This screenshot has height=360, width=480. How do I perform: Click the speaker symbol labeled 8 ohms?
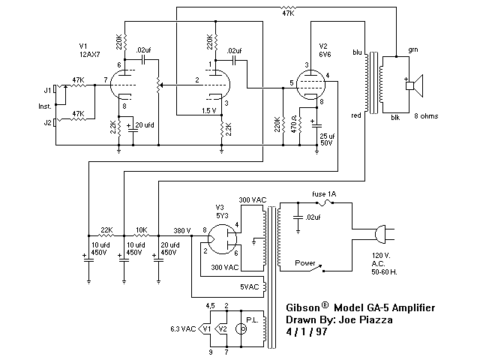coord(414,85)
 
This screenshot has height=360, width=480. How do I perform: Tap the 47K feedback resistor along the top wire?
coord(288,7)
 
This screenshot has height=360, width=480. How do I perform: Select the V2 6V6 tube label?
coord(325,50)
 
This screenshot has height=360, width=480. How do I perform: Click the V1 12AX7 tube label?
coord(89,50)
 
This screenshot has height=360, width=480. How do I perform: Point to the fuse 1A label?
coord(324,193)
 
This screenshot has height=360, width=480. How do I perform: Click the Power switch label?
coord(305,263)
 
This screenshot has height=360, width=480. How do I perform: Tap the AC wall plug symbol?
coord(384,235)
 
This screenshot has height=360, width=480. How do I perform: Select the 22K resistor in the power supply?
coord(106,235)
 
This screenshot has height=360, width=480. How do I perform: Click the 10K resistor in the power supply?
coord(142,235)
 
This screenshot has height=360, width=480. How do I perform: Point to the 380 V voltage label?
coord(182,230)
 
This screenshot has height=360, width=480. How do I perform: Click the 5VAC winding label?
coord(250,286)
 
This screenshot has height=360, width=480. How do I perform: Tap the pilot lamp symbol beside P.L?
coord(241,329)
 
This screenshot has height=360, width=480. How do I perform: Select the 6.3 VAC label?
coord(183,329)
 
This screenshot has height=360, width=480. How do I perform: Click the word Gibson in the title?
coord(303,307)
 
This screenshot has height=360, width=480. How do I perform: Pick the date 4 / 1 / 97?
coord(307,331)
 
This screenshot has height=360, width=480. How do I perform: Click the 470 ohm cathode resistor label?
coord(293,124)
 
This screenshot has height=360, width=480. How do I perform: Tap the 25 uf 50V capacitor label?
coord(327,139)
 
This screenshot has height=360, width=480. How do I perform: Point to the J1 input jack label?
coord(47,91)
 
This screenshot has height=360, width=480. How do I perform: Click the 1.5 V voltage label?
coord(209,110)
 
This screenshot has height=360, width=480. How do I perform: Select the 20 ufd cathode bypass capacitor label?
coord(145,125)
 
